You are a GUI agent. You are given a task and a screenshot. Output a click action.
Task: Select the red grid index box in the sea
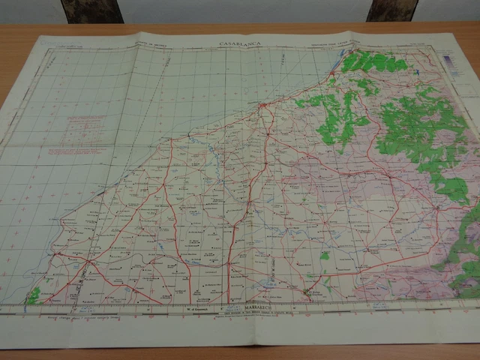click(79, 131)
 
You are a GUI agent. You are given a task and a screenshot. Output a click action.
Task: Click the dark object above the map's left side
click(91, 10)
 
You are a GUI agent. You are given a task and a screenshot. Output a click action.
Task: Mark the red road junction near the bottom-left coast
click(88, 262)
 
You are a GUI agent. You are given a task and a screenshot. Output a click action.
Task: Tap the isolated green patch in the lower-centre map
click(323, 256)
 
